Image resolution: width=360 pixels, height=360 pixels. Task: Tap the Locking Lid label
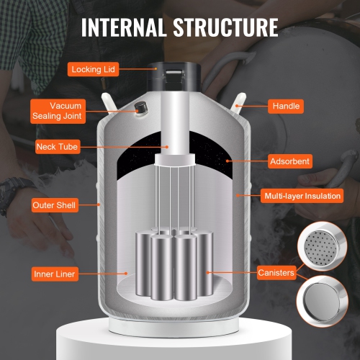click(x=94, y=70)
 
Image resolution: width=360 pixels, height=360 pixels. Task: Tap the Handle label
click(x=286, y=106)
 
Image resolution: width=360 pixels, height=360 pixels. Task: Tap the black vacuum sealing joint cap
click(x=140, y=107)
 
